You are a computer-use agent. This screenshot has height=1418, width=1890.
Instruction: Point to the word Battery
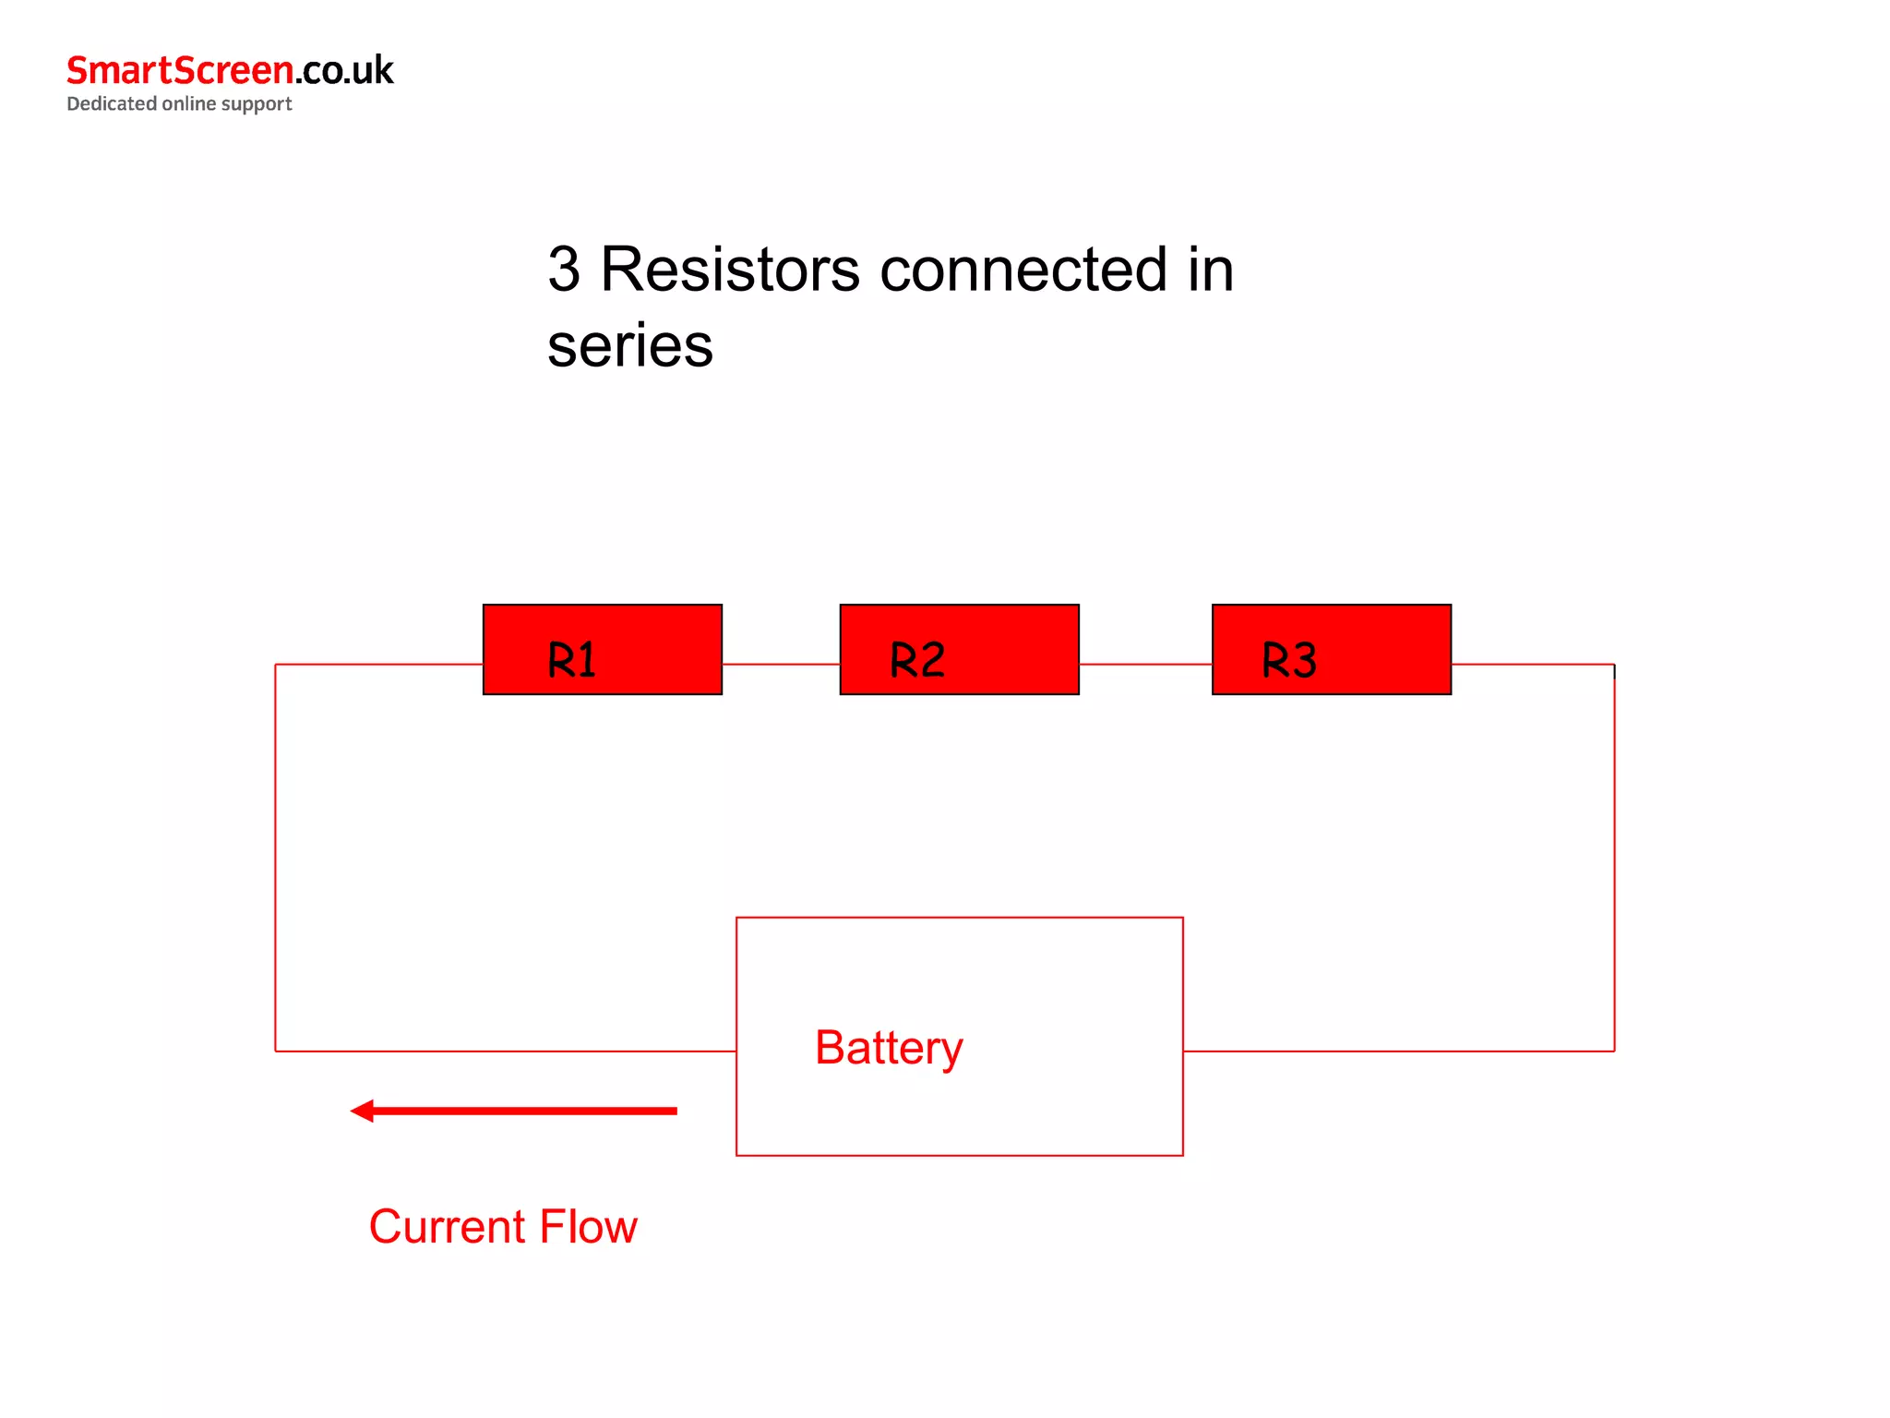(889, 1048)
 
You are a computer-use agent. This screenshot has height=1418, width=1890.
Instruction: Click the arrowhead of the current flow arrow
(363, 1111)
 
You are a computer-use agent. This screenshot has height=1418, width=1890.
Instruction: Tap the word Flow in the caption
(588, 1227)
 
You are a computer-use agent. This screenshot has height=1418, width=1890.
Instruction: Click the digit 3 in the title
(564, 270)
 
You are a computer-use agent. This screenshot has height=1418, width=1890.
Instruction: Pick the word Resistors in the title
(730, 270)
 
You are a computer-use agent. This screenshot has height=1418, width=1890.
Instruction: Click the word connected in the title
(1023, 270)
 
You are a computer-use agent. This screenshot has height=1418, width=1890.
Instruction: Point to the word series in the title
(629, 346)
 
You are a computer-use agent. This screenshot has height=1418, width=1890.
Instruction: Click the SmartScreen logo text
(180, 70)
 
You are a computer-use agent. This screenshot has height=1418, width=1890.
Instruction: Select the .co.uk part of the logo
(344, 71)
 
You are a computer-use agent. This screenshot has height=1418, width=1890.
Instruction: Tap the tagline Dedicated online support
(179, 103)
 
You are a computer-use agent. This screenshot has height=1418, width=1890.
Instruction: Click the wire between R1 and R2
(781, 664)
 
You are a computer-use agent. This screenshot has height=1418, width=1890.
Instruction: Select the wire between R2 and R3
(1145, 664)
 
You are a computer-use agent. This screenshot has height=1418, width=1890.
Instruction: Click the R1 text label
(571, 660)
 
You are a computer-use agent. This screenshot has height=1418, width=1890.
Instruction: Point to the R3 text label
(1288, 660)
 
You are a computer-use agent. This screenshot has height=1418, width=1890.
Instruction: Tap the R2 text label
(917, 660)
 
